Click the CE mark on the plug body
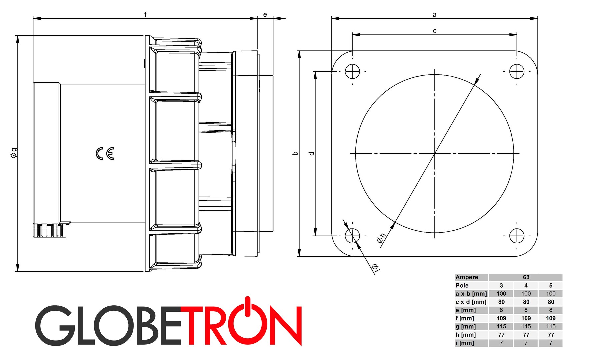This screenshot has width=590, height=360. coord(105,153)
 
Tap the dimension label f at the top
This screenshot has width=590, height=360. coord(145,14)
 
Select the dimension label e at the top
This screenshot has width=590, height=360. coord(265,14)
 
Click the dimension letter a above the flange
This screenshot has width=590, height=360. coord(434,14)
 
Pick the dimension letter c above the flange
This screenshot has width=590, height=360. coord(434,31)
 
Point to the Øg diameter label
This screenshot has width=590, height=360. coord(14,153)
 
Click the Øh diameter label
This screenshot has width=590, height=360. coord(381,238)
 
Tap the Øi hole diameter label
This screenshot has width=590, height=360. coord(376,268)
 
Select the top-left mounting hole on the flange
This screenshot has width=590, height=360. coord(352,71)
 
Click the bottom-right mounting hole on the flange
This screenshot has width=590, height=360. coord(517,236)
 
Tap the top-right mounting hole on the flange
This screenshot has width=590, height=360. coord(517,71)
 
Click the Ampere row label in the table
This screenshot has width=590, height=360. coord(467,277)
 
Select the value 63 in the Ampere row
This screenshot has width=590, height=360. coord(526,277)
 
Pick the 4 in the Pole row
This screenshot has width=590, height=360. coord(526,285)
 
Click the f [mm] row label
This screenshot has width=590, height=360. coord(465,318)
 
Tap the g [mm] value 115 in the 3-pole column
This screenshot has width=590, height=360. coord(501,326)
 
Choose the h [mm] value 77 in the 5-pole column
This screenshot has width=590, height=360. coord(551,335)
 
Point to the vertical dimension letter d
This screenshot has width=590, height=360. coord(312,153)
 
